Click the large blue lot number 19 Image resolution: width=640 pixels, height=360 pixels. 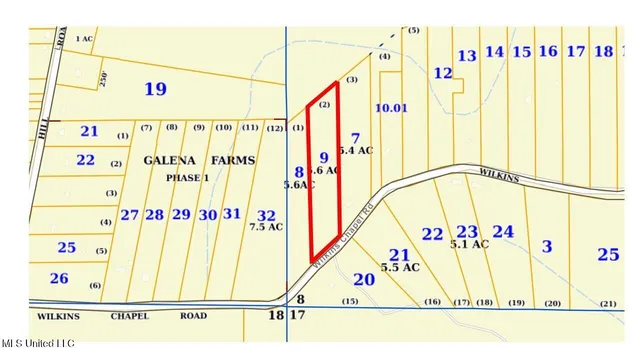pyautogui.click(x=154, y=90)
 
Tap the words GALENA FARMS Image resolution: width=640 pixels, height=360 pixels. pyautogui.click(x=199, y=160)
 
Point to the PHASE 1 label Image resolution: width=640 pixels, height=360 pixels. pyautogui.click(x=187, y=177)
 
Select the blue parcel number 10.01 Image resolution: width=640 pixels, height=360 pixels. pyautogui.click(x=391, y=107)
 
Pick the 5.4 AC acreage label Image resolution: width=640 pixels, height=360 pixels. pyautogui.click(x=356, y=150)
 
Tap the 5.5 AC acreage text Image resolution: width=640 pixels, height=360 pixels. pyautogui.click(x=399, y=268)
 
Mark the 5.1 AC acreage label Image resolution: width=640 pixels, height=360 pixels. pyautogui.click(x=469, y=244)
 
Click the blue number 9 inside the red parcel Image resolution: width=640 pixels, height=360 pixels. pyautogui.click(x=323, y=158)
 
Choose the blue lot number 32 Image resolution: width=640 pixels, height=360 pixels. pyautogui.click(x=266, y=214)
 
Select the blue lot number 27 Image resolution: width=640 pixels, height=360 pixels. pyautogui.click(x=130, y=215)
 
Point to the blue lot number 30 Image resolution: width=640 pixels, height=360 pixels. pyautogui.click(x=207, y=215)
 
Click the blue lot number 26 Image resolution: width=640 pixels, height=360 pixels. pyautogui.click(x=59, y=278)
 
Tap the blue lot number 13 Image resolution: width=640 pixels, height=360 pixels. pyautogui.click(x=467, y=56)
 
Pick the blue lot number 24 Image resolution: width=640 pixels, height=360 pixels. pyautogui.click(x=504, y=232)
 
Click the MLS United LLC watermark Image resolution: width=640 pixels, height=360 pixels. pyautogui.click(x=38, y=343)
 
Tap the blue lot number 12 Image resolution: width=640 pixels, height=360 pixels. pyautogui.click(x=442, y=73)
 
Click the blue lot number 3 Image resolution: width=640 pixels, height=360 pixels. pyautogui.click(x=546, y=246)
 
